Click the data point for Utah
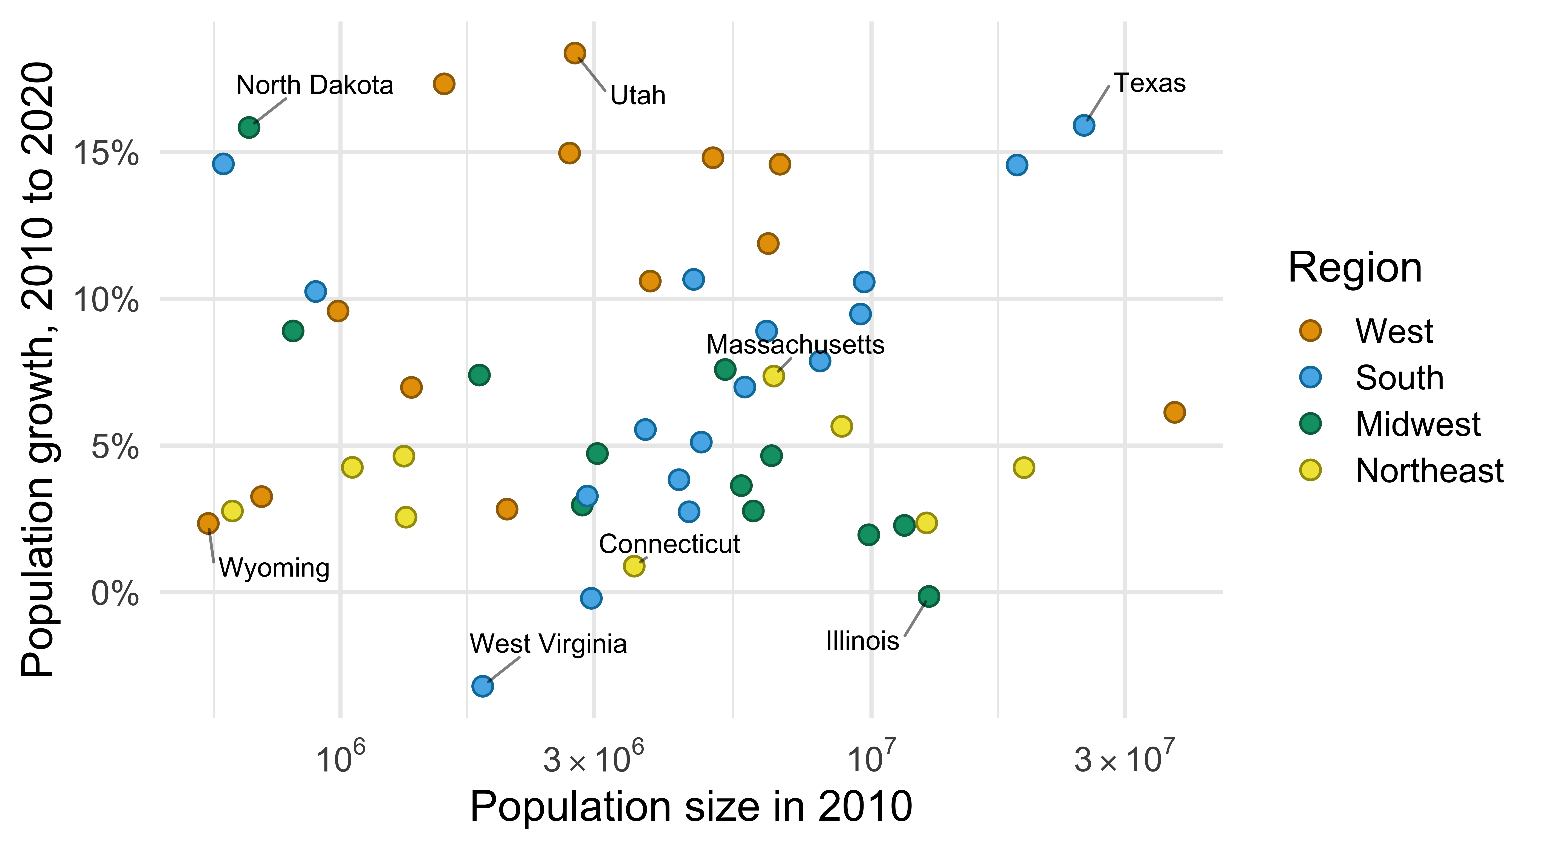pyautogui.click(x=575, y=53)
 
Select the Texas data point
pyautogui.click(x=1083, y=126)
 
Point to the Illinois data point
pyautogui.click(x=928, y=596)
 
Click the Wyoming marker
pyautogui.click(x=208, y=523)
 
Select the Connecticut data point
pyautogui.click(x=634, y=566)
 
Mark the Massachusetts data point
pyautogui.click(x=773, y=376)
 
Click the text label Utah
pyautogui.click(x=638, y=95)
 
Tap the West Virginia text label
pyautogui.click(x=548, y=644)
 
